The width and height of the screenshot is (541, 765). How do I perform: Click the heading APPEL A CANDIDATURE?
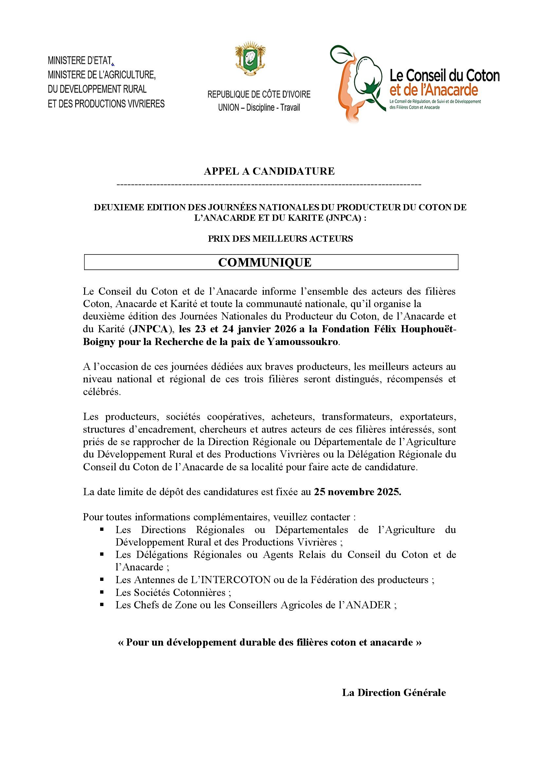[x=269, y=171]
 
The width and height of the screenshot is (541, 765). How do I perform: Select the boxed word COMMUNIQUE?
[x=265, y=262]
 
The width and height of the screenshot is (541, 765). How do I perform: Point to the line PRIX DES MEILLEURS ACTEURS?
[x=280, y=239]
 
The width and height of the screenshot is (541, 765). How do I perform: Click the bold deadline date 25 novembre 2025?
[x=357, y=493]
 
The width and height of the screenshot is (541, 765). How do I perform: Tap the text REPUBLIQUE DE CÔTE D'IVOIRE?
[x=259, y=95]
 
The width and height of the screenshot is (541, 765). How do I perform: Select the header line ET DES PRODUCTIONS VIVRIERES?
[x=106, y=104]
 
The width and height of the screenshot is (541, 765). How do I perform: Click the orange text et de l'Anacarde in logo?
[x=434, y=90]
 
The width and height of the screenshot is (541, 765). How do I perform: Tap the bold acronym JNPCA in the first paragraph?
[x=155, y=330]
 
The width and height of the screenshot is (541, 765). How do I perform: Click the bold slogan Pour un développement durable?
[x=269, y=642]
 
